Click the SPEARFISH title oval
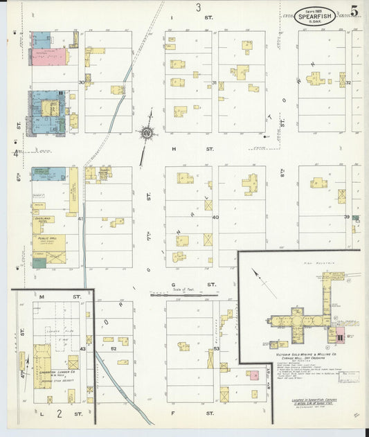318,15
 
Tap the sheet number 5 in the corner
354,12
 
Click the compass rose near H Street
147,132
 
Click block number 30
81,82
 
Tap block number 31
215,83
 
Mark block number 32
349,83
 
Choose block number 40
215,217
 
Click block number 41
81,219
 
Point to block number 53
216,349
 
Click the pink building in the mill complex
340,337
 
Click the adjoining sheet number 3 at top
198,8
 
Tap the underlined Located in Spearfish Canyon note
306,403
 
